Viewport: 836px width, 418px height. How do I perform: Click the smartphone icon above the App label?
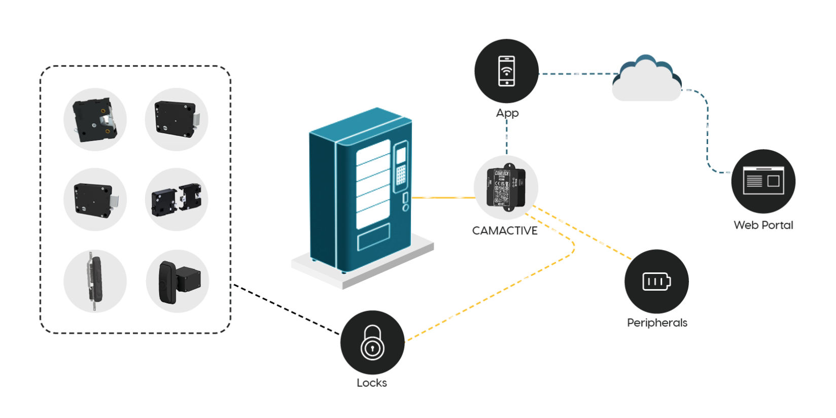[506, 71]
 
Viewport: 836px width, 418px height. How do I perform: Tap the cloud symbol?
[646, 80]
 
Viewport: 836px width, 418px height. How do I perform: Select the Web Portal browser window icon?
[763, 181]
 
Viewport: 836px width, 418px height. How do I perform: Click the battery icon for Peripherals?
[656, 281]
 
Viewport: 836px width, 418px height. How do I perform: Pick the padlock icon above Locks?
[372, 342]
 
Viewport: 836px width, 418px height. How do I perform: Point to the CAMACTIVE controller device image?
[506, 187]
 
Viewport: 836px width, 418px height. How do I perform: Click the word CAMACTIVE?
[505, 231]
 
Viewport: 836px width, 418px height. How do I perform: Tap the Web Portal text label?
[763, 225]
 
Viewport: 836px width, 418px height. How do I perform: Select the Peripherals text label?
[657, 323]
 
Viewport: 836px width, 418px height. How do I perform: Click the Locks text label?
[372, 383]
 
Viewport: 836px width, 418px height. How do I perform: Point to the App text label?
[507, 113]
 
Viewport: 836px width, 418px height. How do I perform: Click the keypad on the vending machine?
[401, 175]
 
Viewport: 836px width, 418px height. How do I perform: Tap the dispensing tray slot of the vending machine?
[373, 237]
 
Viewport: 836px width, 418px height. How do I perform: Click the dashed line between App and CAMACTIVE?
[506, 137]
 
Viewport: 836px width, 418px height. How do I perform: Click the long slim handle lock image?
[95, 281]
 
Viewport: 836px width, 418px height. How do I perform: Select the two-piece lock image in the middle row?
[177, 199]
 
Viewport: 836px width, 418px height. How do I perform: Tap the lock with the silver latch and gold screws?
[95, 119]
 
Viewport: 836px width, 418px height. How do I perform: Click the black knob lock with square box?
[177, 281]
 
